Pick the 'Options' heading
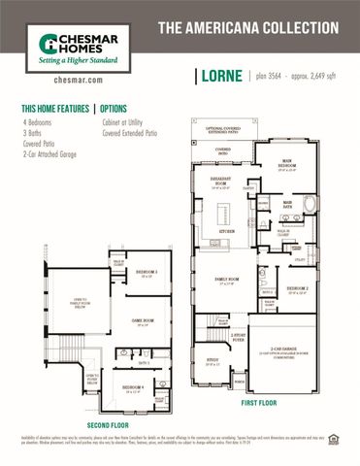point(114,109)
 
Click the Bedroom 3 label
point(146,273)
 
